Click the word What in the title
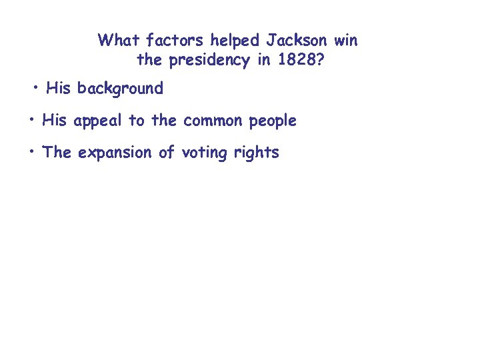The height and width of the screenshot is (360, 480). [x=118, y=40]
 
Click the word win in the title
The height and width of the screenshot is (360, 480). [x=346, y=40]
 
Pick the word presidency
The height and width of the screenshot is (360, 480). [x=209, y=61]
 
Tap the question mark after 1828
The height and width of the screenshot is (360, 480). [x=323, y=60]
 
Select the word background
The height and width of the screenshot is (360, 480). [x=120, y=88]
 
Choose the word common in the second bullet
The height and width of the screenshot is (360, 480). [x=213, y=121]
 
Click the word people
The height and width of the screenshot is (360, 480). [x=273, y=121]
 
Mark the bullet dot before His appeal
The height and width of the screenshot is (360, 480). [x=31, y=120]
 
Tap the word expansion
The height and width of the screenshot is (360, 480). [x=115, y=153]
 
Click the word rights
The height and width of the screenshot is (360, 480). [x=256, y=153]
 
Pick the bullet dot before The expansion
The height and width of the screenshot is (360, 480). [x=31, y=152]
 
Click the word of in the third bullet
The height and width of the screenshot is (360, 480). [x=165, y=152]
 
